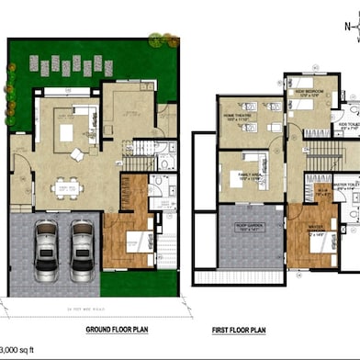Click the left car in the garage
pyautogui.click(x=48, y=251)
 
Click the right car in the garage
pyautogui.click(x=82, y=251)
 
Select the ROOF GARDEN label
pyautogui.click(x=244, y=223)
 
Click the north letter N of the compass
pyautogui.click(x=347, y=27)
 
